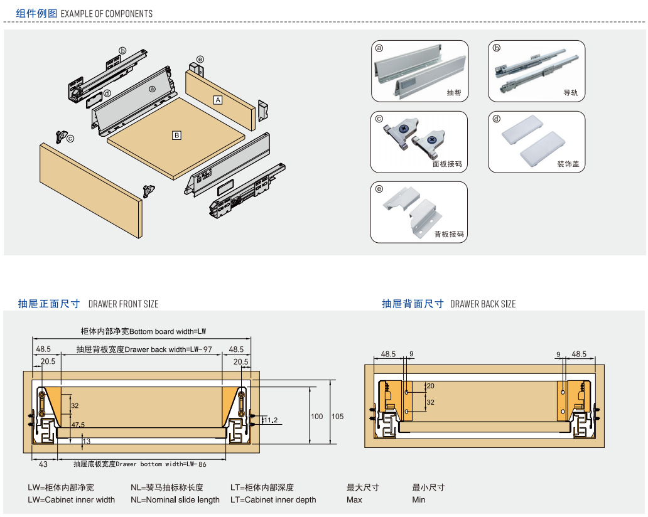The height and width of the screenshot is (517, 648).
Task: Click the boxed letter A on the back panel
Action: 218,100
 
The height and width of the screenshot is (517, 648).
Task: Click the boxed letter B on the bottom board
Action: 176,135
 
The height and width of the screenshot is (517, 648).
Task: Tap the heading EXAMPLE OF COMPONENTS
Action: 107,14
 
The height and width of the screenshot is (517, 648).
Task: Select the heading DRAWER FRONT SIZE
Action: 123,304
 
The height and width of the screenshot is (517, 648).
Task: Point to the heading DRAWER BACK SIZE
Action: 483,304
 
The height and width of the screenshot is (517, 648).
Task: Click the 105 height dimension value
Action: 337,416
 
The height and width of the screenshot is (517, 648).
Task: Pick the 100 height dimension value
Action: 317,416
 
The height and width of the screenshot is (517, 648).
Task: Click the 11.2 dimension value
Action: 271,420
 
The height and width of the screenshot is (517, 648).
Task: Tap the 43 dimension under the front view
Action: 43,464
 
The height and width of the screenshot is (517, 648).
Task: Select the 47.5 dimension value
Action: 78,425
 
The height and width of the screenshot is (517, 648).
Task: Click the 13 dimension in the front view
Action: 87,441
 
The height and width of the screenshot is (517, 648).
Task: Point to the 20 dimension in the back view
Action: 430,386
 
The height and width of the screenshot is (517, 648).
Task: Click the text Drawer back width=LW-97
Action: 168,349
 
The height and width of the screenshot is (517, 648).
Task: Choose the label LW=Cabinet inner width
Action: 71,499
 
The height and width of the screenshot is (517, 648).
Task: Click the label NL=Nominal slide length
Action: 175,499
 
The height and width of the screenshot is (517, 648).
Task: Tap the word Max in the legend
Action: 354,499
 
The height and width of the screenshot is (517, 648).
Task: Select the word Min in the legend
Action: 419,499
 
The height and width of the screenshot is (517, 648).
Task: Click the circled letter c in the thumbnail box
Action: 379,119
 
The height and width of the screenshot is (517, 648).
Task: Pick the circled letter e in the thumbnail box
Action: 379,189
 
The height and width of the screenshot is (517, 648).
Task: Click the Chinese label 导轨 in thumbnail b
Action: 571,93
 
